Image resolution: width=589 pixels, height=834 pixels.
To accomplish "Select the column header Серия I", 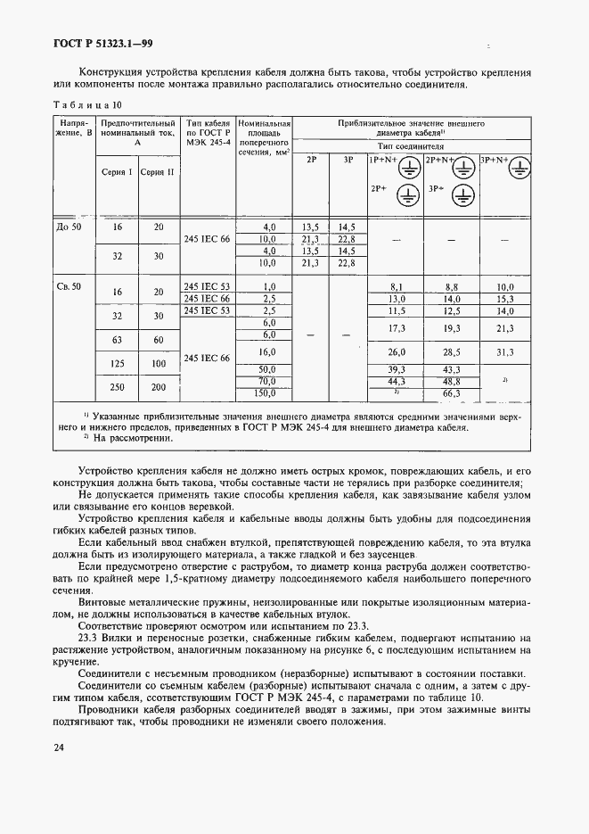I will (118, 172).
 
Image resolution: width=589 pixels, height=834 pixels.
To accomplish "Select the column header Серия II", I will (158, 172).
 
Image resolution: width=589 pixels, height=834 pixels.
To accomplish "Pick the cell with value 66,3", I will (451, 392).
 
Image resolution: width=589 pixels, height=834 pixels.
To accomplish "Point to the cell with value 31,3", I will (506, 351).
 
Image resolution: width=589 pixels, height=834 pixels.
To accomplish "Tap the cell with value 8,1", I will (397, 286).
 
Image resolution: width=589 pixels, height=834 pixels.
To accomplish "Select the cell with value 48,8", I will (451, 381).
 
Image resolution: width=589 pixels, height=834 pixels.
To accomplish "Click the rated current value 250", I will (118, 387).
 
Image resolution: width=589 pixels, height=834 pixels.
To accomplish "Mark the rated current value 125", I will (118, 364).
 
